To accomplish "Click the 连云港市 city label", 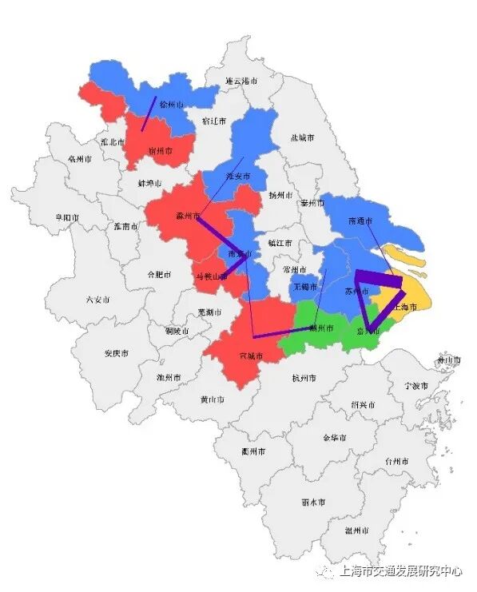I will tap(242, 81).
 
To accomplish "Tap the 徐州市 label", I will tap(172, 105).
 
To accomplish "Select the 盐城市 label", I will tap(303, 137).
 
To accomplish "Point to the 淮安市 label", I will tap(238, 176).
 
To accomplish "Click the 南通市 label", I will tap(362, 220).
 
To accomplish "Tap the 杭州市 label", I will tap(304, 378).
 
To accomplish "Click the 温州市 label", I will tap(357, 530).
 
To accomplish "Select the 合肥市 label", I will tap(160, 274).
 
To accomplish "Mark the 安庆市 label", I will tap(117, 353).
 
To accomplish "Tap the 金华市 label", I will tap(334, 438).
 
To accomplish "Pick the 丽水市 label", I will tap(312, 503).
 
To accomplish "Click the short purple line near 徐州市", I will tap(149, 113).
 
